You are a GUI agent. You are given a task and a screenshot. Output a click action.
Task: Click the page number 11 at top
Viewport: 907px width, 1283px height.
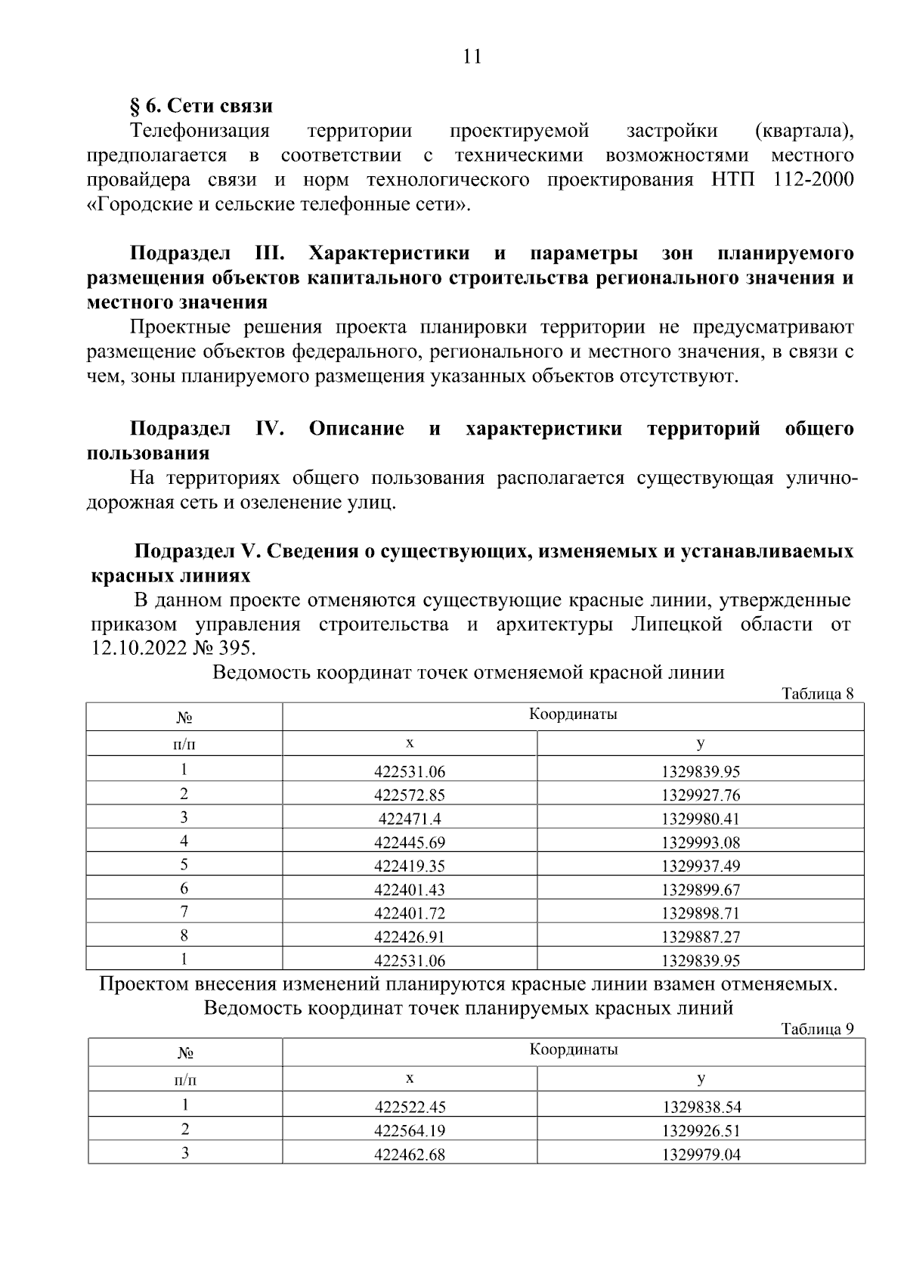tap(471, 57)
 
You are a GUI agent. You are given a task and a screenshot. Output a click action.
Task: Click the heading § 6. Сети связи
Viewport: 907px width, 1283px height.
tap(202, 106)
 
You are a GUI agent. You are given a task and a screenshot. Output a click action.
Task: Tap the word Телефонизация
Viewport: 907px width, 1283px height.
tap(200, 131)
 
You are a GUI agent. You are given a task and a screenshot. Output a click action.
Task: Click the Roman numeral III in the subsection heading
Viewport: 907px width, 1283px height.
tap(265, 253)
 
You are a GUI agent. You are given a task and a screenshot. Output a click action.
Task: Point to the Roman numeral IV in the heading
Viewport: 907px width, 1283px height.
tap(269, 429)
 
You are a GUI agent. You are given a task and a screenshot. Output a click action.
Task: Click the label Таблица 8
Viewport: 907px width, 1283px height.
tap(817, 693)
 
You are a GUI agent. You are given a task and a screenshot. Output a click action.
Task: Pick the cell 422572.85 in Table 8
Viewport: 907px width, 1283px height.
tap(410, 795)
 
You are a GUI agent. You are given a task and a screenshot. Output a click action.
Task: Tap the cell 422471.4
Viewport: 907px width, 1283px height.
tap(410, 819)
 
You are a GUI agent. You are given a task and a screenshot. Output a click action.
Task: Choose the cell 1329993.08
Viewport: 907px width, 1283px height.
tap(701, 842)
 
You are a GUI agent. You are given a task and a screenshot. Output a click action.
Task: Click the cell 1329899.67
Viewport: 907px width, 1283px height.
tap(701, 890)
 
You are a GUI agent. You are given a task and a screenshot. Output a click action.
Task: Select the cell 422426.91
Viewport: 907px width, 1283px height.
tap(410, 937)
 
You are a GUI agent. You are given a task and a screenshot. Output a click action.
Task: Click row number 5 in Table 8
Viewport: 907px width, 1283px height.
tap(184, 865)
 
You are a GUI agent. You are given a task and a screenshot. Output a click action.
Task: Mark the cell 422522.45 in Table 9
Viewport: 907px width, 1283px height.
tap(410, 1108)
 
